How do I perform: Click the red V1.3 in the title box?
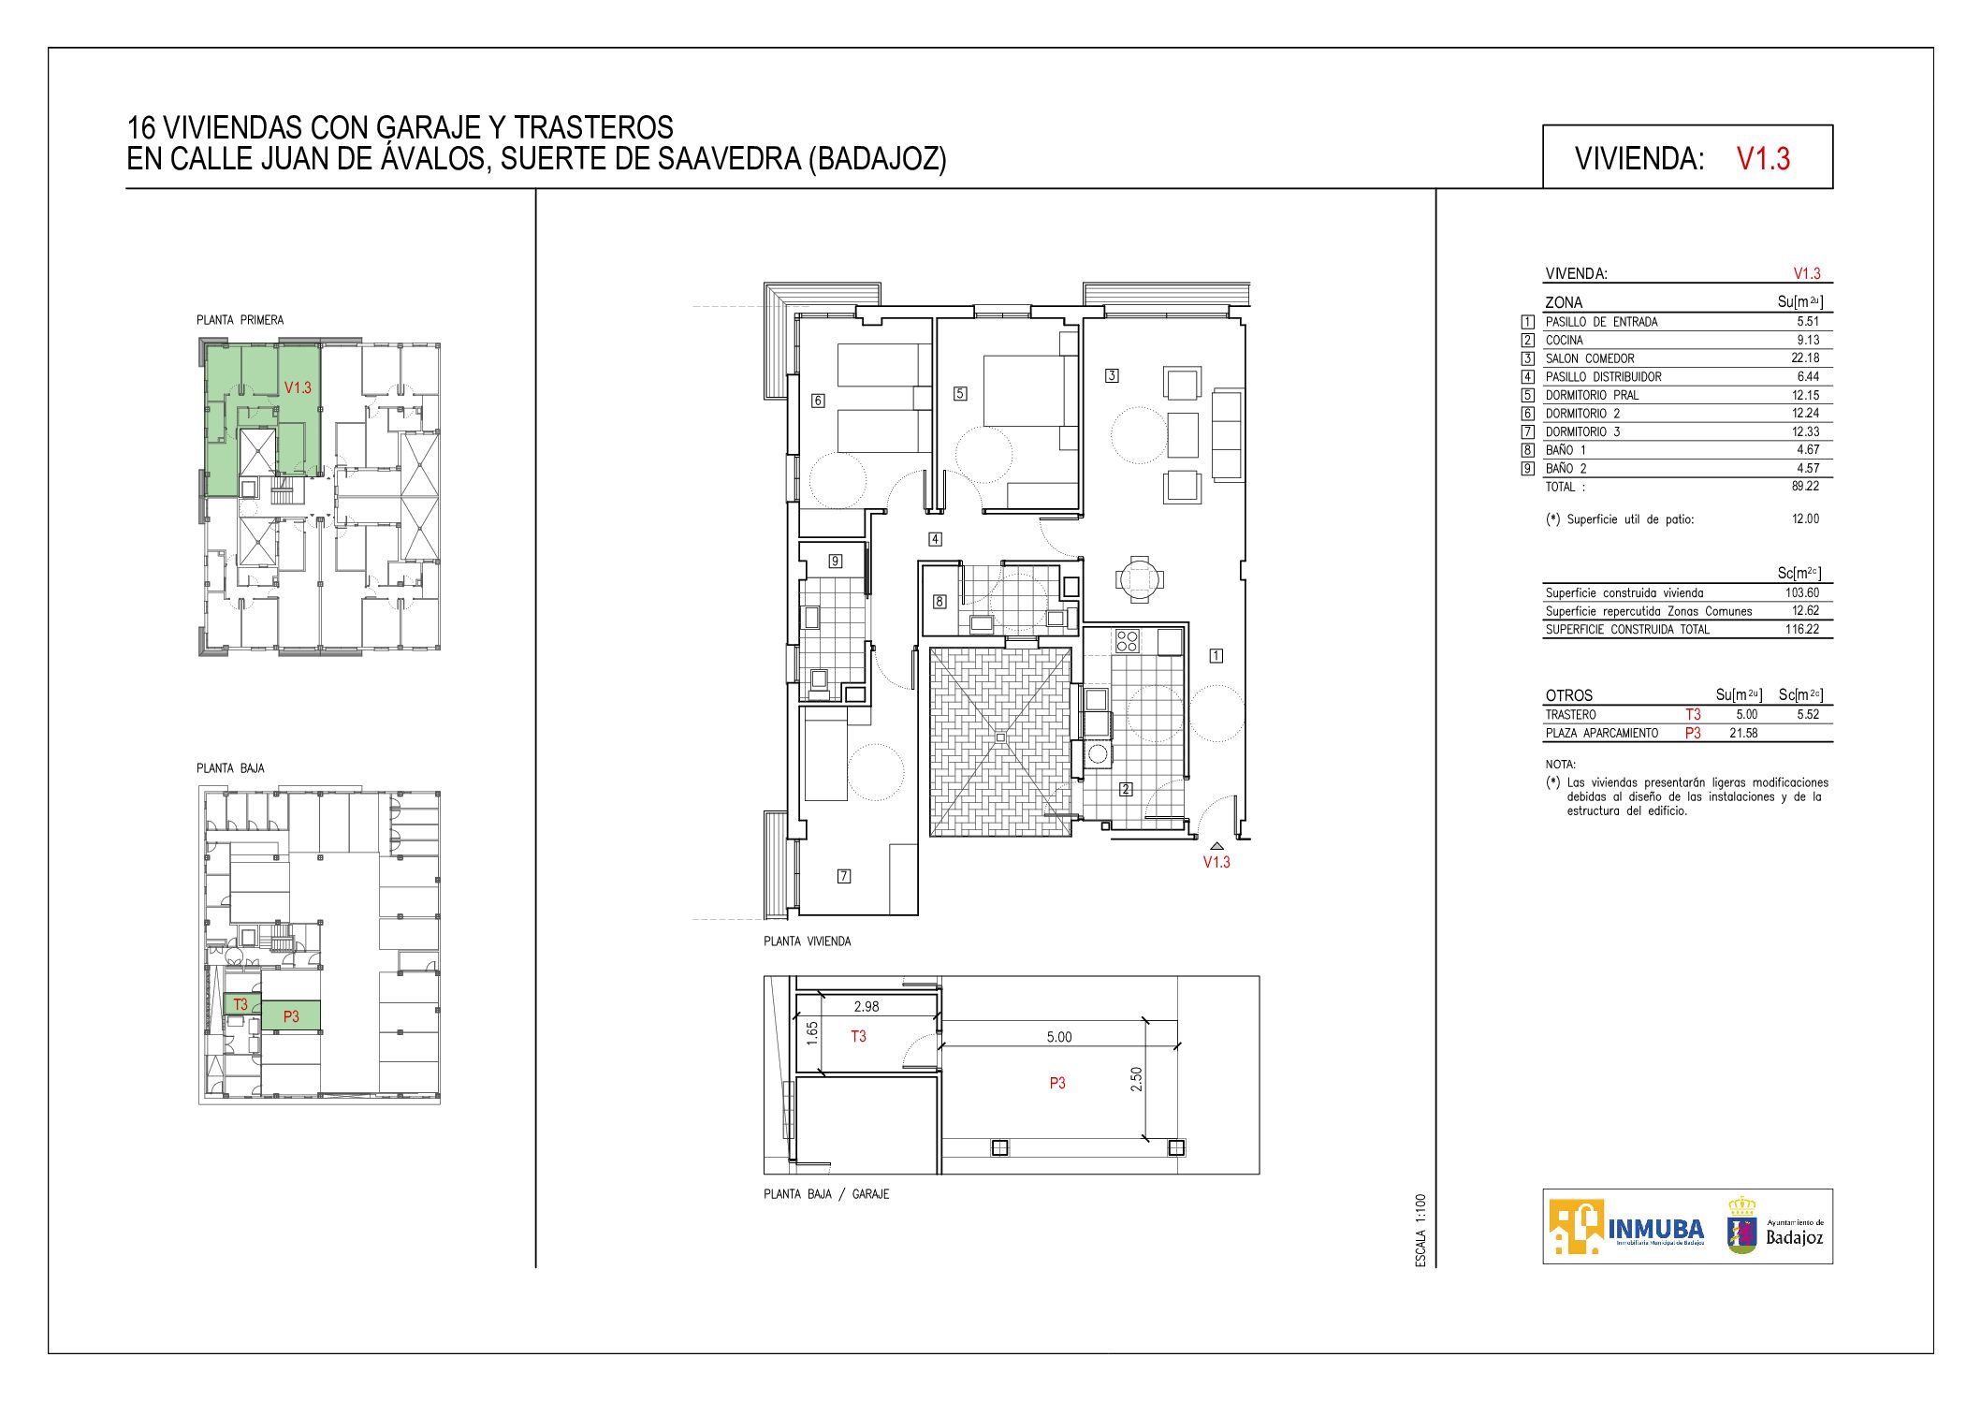1763,158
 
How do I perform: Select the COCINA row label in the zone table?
1565,340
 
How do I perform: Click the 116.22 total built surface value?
1802,629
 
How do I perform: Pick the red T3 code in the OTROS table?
1693,714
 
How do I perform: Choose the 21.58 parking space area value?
1743,733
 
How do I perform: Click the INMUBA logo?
1626,1227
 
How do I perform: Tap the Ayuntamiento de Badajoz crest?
1741,1225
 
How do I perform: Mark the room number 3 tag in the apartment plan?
1112,375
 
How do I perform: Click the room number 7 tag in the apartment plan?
844,876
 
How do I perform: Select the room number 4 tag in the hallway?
935,539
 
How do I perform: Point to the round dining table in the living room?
1140,579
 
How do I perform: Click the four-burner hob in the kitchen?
1128,641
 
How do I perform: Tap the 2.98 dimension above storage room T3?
867,1007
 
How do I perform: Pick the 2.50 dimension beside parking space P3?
1136,1079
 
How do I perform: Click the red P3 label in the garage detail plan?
1057,1083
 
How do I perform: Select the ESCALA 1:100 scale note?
1420,1231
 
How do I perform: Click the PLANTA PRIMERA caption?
240,320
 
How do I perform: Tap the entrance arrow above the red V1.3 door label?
1216,846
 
